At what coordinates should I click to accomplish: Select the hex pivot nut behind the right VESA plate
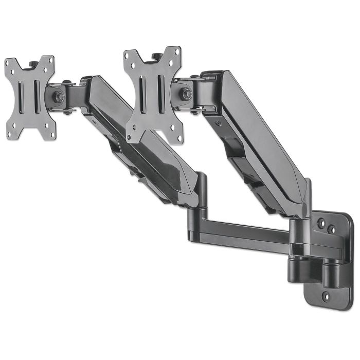[187, 94]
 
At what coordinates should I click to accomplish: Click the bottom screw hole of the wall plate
[325, 296]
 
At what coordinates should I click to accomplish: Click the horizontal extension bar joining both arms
[242, 231]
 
